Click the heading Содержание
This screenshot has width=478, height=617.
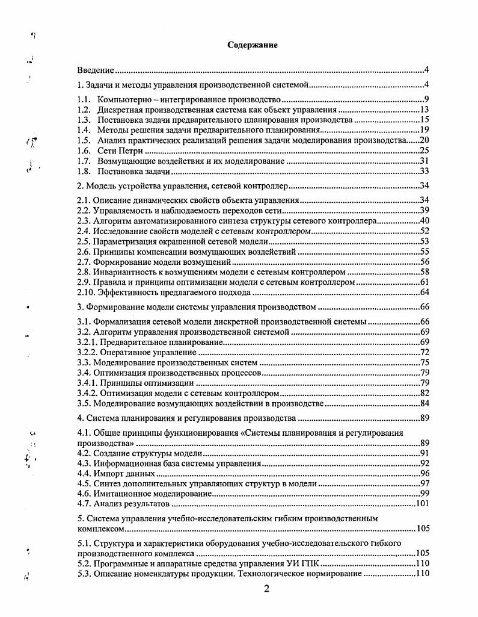click(253, 45)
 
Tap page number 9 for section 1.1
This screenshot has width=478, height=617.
click(425, 99)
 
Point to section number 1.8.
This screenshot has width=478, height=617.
click(84, 171)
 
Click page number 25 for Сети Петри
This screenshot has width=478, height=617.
click(423, 150)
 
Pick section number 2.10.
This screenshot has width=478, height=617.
click(85, 293)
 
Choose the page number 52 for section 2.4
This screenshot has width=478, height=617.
click(423, 231)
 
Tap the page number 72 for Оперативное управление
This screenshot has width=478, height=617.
click(423, 352)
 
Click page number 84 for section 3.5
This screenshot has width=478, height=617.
click(423, 403)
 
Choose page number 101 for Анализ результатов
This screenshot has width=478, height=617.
click(420, 504)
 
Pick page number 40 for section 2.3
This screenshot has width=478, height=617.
click(423, 221)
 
